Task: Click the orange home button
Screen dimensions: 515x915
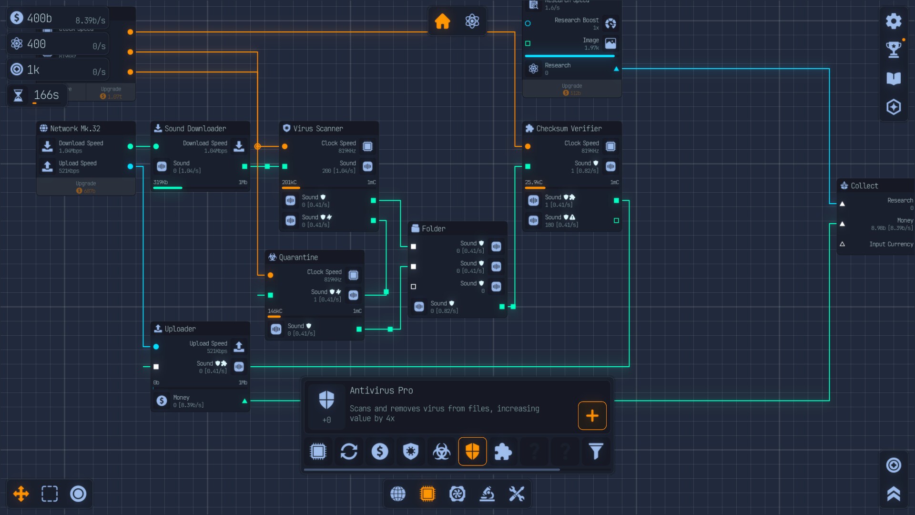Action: [442, 21]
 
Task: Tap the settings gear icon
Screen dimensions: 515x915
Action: [894, 21]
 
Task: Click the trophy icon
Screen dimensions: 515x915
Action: [894, 49]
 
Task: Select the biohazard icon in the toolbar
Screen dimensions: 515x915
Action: [441, 451]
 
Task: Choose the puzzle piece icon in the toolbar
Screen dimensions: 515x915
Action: [503, 451]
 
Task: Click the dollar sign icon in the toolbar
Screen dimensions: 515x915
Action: [380, 451]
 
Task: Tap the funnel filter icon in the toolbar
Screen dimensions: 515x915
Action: [596, 451]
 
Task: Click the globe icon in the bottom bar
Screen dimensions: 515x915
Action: [398, 494]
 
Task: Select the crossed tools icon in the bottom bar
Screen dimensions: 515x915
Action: [517, 494]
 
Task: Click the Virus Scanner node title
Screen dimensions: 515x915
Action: [318, 129]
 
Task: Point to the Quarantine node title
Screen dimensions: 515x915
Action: [298, 257]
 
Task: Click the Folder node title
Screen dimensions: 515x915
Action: [434, 229]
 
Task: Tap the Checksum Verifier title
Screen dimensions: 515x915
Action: [569, 129]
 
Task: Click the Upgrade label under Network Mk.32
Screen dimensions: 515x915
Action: [86, 184]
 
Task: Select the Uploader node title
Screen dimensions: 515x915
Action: [180, 329]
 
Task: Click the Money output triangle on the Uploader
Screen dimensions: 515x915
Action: [244, 401]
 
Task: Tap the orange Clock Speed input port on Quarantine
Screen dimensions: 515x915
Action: [271, 275]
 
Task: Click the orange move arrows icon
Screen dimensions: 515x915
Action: [21, 494]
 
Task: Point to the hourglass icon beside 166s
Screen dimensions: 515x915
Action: [18, 95]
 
